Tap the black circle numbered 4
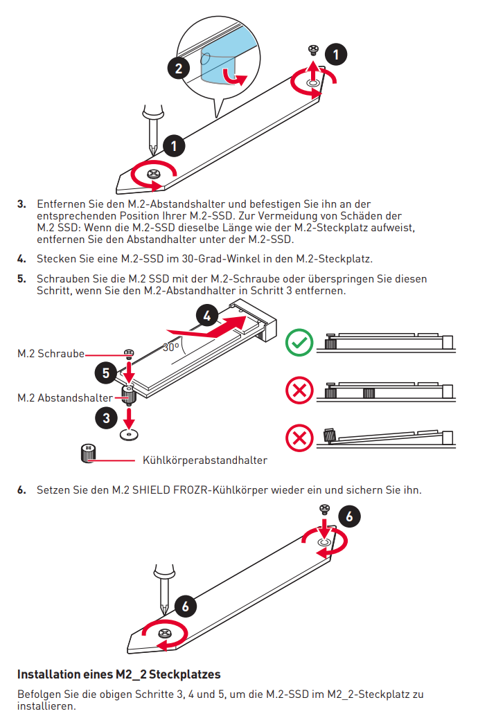tap(206, 316)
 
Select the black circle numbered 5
tap(105, 373)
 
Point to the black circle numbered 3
tap(106, 418)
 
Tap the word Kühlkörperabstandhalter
tap(204, 460)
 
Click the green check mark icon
tap(299, 343)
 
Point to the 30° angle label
tap(171, 347)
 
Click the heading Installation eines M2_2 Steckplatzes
tap(118, 674)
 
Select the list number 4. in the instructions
tap(21, 259)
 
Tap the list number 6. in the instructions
tap(21, 490)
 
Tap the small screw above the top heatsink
tap(312, 49)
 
